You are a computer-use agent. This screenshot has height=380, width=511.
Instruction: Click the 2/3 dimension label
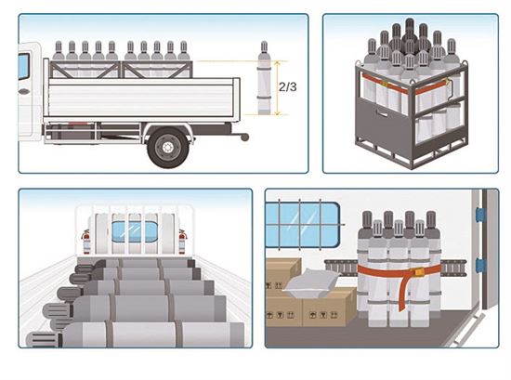(287, 87)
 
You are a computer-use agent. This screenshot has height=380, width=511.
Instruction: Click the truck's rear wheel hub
(167, 148)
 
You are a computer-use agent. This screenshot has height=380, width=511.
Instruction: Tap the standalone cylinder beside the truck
(264, 78)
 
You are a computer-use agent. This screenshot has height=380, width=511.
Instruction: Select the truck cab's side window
(23, 67)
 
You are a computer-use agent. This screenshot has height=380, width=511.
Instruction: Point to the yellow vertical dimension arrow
(278, 88)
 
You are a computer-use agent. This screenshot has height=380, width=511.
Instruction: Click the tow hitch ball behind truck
(244, 138)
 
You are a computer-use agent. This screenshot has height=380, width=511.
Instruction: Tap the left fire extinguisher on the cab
(86, 242)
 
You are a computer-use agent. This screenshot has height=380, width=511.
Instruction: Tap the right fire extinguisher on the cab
(182, 242)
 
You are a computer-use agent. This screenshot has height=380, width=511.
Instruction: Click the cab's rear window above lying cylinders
(135, 231)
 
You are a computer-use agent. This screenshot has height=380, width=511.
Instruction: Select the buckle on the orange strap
(419, 271)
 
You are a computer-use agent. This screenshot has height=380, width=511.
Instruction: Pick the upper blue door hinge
(480, 214)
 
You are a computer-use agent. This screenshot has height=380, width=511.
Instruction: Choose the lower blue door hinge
(480, 265)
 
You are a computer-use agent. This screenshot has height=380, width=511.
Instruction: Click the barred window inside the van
(303, 225)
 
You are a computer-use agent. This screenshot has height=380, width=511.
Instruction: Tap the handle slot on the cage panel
(381, 112)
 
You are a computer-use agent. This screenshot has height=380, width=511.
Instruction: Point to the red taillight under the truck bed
(77, 124)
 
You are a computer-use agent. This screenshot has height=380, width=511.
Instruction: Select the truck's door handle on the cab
(24, 92)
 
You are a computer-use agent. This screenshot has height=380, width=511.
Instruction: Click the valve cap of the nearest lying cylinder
(43, 340)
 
